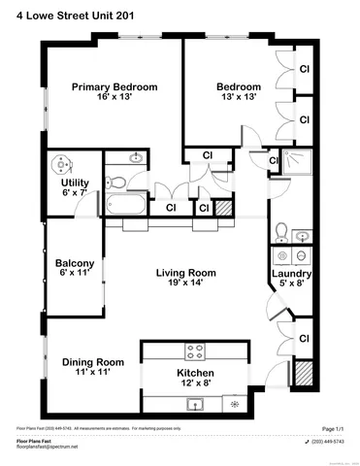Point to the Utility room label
point(75,183)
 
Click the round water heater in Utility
point(66,163)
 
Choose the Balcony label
point(75,264)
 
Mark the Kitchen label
point(195,374)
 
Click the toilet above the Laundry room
point(280,231)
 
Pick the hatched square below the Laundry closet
point(302,373)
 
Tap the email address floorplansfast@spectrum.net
point(47,447)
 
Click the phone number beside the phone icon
point(327,440)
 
